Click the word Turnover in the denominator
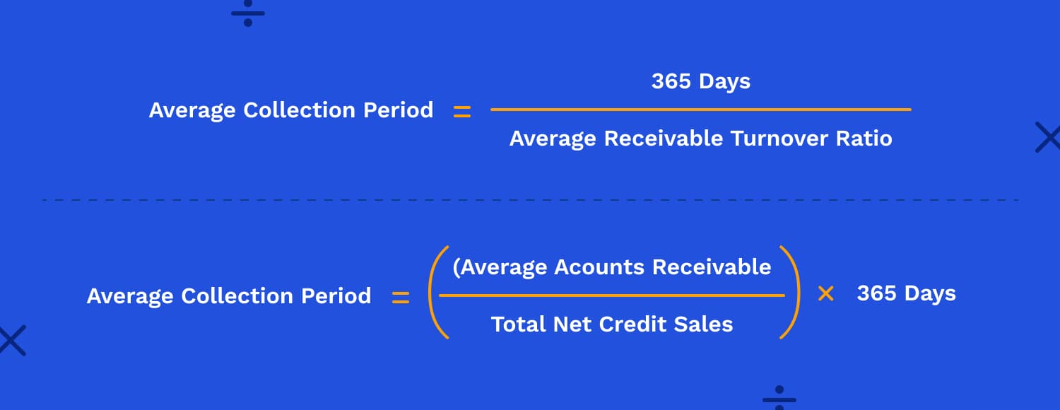pos(779,139)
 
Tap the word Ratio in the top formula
pos(864,139)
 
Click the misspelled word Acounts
pos(599,267)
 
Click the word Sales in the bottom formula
pos(703,324)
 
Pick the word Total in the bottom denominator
pos(519,324)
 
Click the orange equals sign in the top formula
pos(462,112)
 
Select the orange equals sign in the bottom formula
pos(401,298)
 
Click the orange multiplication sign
pos(826,293)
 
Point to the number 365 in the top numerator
pos(671,81)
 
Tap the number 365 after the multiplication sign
pos(876,293)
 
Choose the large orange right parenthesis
pos(794,293)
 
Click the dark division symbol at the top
pos(248,13)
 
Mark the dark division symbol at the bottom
pos(779,398)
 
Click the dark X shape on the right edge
pos(1048,137)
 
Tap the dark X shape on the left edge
pos(12,341)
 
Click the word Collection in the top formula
pos(299,110)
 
